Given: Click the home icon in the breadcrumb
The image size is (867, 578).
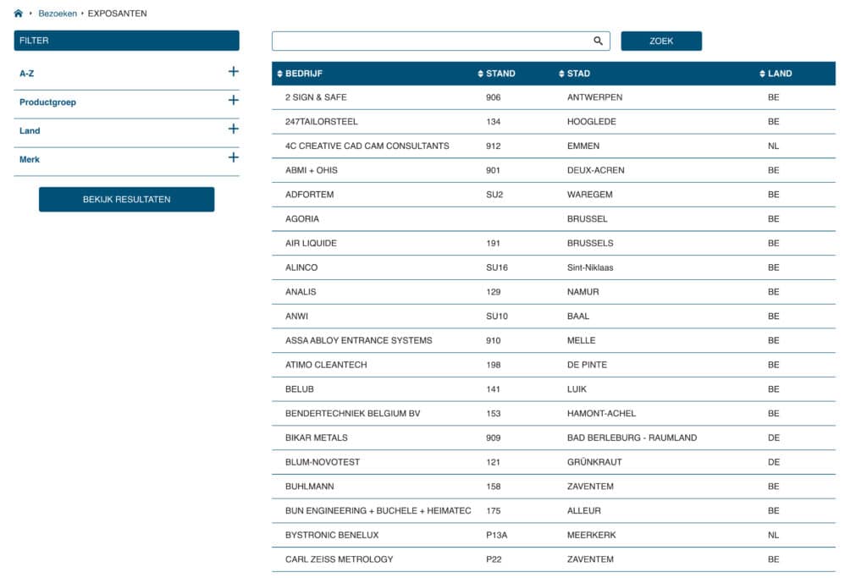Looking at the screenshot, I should [x=19, y=14].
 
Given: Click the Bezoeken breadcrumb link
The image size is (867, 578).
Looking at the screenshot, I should [x=58, y=14].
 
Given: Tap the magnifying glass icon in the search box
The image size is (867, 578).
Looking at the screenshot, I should [x=598, y=41].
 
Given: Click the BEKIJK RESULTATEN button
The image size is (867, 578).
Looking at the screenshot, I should [x=126, y=200].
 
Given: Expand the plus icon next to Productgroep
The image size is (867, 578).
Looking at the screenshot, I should [x=234, y=101].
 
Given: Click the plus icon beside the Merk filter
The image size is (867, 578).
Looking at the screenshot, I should [x=234, y=157].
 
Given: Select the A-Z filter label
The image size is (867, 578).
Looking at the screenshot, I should [x=27, y=74].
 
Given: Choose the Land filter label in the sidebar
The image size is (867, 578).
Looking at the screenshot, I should [x=30, y=131].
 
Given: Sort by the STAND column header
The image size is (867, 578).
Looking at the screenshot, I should [x=500, y=74].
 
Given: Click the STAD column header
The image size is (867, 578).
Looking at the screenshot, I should [x=577, y=74].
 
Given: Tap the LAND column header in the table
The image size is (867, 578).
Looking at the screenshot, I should [x=779, y=74].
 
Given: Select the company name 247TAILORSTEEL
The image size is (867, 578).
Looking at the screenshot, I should [x=322, y=122].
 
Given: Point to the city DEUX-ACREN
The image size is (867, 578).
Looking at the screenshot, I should [x=595, y=170].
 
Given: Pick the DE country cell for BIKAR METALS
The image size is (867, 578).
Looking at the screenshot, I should [x=773, y=438].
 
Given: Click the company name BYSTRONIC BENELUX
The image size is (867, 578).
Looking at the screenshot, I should [x=332, y=535].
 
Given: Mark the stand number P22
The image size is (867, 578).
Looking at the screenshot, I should [x=494, y=559].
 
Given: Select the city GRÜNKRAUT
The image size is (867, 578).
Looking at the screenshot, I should [x=594, y=462].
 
